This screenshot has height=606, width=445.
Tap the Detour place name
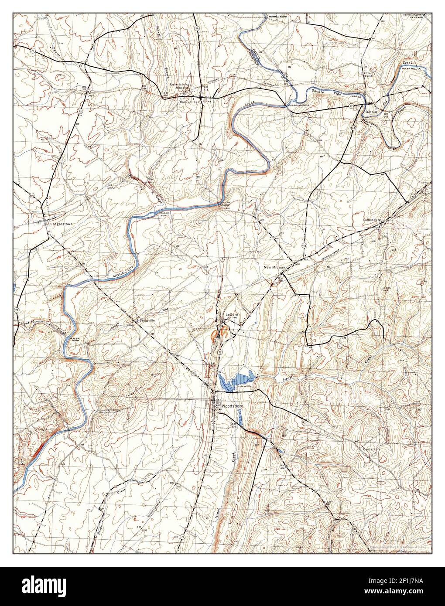pos(370,112)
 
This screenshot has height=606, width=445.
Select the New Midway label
pos(274,267)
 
